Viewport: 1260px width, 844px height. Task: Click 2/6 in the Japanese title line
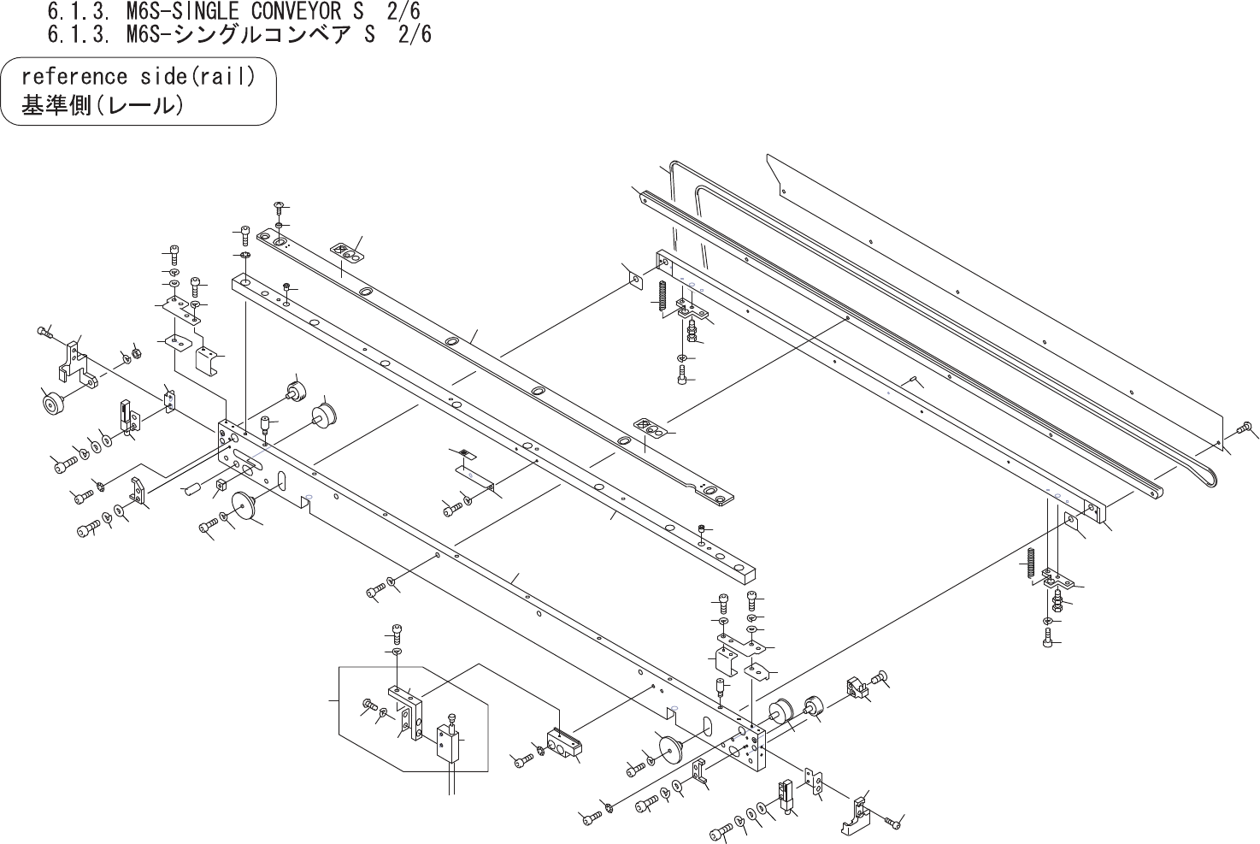pos(414,34)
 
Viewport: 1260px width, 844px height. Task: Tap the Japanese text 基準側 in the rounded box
pos(56,107)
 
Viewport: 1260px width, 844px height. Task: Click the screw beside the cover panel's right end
pos(1245,427)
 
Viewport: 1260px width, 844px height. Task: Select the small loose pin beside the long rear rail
pos(912,379)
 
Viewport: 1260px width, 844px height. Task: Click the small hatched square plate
pos(464,453)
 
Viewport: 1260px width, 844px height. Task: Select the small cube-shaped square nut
pos(220,486)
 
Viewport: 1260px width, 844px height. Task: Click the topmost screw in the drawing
pos(279,206)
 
